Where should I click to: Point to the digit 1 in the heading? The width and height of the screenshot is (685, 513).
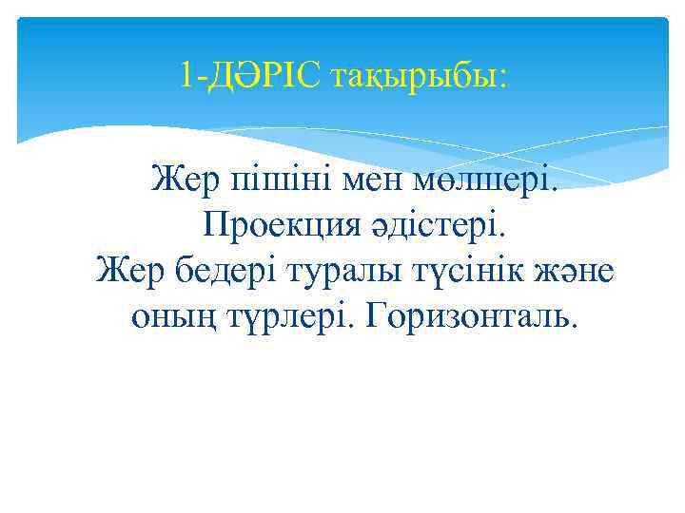click(186, 74)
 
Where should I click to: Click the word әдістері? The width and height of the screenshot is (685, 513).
click(425, 225)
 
